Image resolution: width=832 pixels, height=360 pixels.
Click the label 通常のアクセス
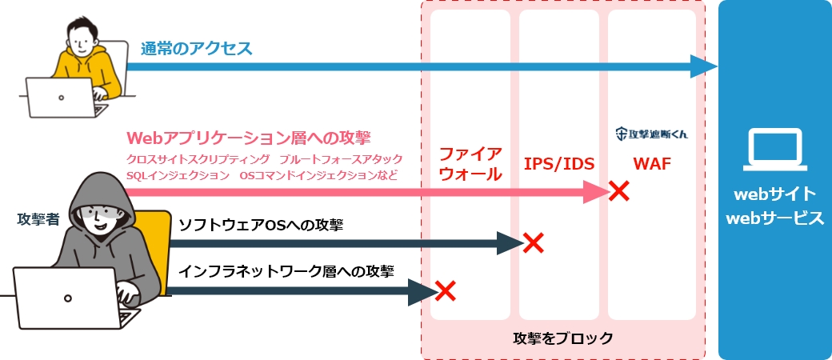click(197, 48)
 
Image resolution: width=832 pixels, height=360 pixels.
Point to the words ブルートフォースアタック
click(343, 158)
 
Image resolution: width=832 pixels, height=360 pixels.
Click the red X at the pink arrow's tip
click(618, 191)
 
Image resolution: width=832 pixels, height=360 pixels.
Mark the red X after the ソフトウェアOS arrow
click(532, 242)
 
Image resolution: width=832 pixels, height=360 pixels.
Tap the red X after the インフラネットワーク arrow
click(445, 291)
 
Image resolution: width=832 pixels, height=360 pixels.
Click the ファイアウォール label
click(470, 163)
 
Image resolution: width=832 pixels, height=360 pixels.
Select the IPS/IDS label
click(559, 165)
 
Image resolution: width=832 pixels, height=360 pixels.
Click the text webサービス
click(774, 218)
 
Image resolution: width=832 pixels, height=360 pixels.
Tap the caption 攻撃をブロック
click(562, 338)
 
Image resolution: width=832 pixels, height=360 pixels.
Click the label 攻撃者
click(38, 218)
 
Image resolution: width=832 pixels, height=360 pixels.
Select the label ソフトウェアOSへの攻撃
click(261, 225)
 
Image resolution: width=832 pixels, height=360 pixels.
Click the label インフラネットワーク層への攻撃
click(286, 271)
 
